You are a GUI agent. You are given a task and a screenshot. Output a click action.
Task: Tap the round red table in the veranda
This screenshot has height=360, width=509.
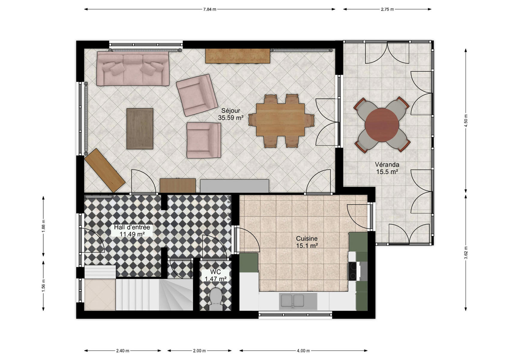[382, 125]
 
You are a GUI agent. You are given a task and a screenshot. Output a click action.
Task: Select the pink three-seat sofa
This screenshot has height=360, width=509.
[133, 69]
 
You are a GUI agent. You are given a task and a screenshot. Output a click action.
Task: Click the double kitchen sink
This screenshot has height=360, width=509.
[292, 301]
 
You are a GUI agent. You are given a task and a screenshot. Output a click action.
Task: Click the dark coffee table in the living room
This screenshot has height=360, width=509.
[140, 129]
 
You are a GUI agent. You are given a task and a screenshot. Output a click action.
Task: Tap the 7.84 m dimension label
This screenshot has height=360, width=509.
[209, 9]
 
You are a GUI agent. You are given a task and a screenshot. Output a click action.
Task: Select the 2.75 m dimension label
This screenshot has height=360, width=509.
[387, 9]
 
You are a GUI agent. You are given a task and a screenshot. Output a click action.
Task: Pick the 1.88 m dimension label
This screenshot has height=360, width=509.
[44, 226]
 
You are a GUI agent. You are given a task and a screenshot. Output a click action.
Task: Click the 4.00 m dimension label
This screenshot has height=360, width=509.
[303, 351]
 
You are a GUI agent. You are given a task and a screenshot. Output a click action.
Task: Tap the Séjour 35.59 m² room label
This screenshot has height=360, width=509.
[231, 114]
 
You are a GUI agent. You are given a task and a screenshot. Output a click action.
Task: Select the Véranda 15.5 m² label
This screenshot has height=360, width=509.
[387, 168]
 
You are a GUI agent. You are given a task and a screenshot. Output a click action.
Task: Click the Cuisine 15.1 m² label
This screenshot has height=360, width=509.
[307, 242]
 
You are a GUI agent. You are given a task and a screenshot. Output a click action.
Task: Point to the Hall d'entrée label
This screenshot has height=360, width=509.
[132, 227]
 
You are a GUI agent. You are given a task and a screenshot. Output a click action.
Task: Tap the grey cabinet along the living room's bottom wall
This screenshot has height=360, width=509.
[234, 186]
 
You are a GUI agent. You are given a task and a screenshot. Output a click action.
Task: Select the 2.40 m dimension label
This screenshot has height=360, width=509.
[123, 351]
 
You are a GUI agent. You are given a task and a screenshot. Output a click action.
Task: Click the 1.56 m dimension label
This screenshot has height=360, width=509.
[44, 285]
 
